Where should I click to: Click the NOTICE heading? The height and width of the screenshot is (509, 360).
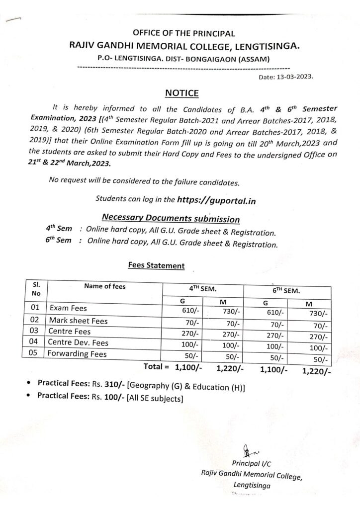181,93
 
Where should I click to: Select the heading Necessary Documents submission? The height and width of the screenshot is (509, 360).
171,218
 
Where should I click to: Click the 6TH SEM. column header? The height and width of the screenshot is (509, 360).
286,290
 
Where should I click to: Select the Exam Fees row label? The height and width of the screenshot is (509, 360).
68,309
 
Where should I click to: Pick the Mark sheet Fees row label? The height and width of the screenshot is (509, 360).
78,321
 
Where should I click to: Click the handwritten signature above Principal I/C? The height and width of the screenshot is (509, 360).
248,451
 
